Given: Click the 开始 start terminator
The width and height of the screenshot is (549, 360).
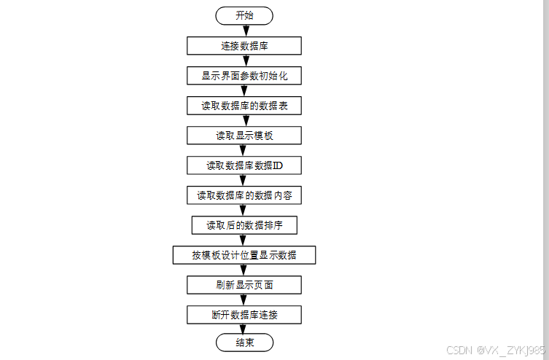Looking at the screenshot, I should [244, 15].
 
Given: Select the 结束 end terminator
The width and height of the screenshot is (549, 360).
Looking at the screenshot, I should [244, 343].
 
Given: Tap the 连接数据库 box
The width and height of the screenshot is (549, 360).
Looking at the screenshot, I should [244, 45].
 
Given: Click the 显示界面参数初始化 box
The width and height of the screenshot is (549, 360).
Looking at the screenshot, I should [244, 75].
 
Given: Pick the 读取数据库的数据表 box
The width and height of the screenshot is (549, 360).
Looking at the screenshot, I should [244, 106].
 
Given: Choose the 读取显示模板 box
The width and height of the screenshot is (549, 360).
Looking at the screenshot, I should [244, 136].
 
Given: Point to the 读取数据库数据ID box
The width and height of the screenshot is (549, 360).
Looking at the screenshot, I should [244, 165].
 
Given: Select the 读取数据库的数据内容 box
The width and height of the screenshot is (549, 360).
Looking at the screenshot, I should [244, 195].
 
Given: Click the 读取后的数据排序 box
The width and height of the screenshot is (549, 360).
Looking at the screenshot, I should [244, 225].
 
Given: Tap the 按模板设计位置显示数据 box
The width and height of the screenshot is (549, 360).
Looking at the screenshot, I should [244, 255].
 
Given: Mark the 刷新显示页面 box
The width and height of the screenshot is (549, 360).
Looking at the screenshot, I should [244, 285].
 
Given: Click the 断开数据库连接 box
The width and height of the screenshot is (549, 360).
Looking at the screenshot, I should [244, 315].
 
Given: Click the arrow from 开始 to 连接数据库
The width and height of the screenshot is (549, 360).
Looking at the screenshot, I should [244, 31].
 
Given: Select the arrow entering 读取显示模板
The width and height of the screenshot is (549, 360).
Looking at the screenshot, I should [244, 121].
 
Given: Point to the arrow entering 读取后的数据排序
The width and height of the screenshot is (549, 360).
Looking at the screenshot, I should [244, 211].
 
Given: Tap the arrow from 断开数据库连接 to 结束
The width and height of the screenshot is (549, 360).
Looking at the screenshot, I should [244, 329].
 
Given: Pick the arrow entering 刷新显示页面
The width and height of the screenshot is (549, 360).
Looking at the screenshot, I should [244, 270].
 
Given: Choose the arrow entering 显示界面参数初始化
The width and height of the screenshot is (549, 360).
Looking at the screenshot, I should [244, 60].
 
